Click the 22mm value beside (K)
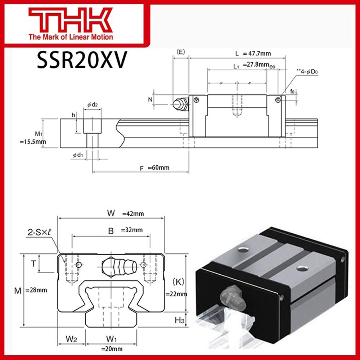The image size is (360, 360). pyautogui.click(x=176, y=294)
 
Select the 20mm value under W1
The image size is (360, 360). pyautogui.click(x=112, y=348)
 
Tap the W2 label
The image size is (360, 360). pyautogui.click(x=71, y=339)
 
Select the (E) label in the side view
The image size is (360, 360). pyautogui.click(x=181, y=52)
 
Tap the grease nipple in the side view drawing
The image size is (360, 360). pyautogui.click(x=180, y=104)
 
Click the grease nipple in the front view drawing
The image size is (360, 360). pyautogui.click(x=119, y=267)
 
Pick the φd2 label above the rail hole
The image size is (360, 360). pyautogui.click(x=93, y=104)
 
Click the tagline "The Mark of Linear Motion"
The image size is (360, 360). pyautogui.click(x=71, y=37)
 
